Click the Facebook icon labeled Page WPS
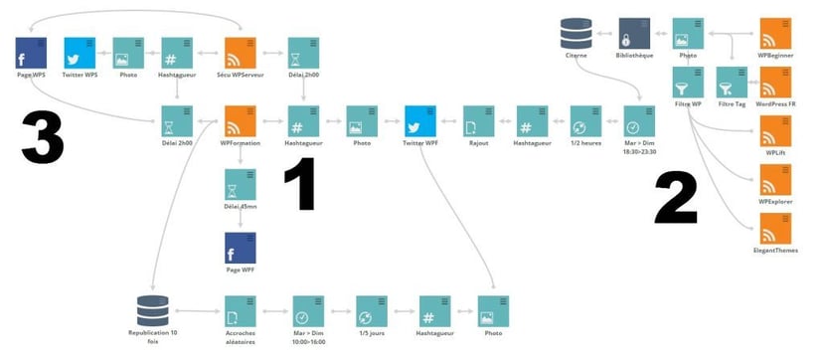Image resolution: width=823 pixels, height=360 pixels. pos(32,52)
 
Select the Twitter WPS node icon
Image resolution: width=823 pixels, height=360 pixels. pos(81,52)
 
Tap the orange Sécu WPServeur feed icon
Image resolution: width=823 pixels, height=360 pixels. pos(241,52)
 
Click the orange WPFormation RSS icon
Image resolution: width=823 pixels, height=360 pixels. pos(241,121)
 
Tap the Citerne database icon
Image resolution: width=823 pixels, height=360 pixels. pos(576,32)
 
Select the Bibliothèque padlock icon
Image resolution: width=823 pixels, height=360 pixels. pos(634,32)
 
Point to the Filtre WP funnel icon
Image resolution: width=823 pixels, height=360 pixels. pos(688,81)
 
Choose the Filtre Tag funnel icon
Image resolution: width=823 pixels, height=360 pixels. pos(733,81)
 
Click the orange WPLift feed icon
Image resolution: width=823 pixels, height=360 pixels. pos(774,130)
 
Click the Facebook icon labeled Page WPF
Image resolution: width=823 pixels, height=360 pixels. pos(241,248)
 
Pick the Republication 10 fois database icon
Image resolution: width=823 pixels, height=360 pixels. pos(152,309)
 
